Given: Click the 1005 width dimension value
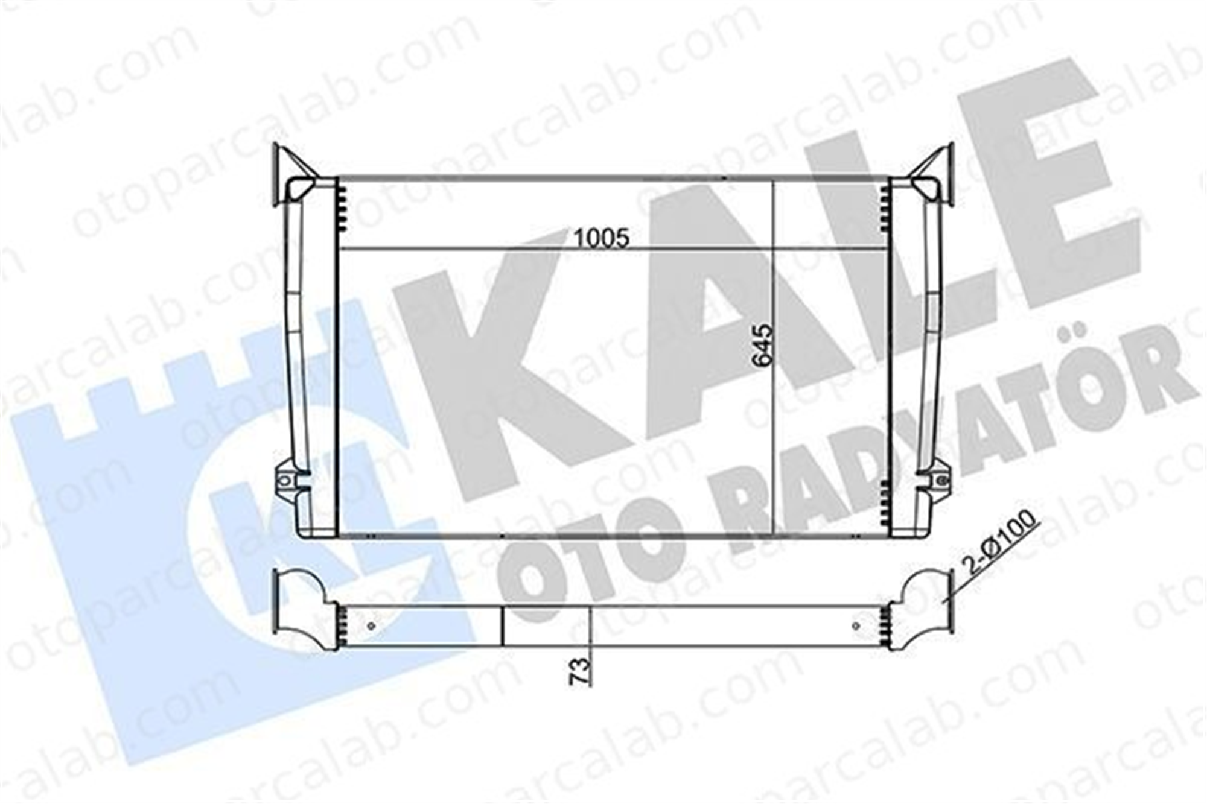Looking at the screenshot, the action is point(600,238).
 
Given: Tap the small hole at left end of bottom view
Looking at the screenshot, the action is point(372,625).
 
